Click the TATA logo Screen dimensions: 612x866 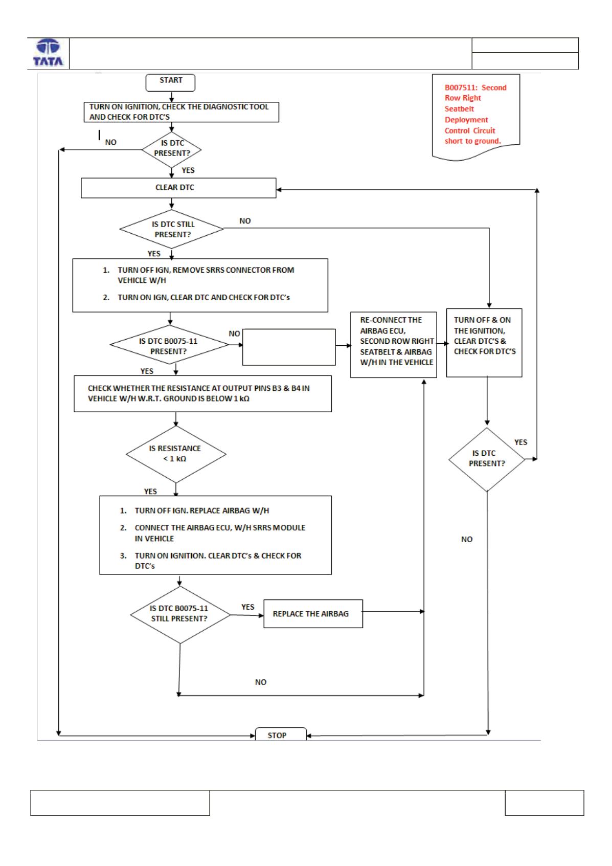(x=48, y=53)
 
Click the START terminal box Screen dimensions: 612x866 (x=170, y=83)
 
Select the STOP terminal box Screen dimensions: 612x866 (x=281, y=735)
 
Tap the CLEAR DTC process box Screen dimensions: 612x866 (x=178, y=188)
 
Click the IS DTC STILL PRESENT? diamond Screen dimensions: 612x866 (x=172, y=229)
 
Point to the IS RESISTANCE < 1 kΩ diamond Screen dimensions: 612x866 (x=176, y=454)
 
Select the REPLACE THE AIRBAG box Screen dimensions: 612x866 (x=313, y=614)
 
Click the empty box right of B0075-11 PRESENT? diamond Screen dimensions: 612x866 (x=289, y=347)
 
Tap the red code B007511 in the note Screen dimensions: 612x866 (x=461, y=88)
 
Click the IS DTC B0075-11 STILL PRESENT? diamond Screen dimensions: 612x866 (x=180, y=615)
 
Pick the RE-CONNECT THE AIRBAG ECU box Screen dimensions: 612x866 (x=393, y=344)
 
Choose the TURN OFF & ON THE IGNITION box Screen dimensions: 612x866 (x=484, y=343)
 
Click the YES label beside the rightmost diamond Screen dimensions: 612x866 (x=520, y=442)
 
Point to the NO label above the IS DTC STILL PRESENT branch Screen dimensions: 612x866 (x=245, y=221)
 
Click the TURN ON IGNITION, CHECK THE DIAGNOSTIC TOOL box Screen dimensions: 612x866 (x=181, y=112)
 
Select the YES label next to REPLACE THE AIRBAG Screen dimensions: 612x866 (x=247, y=607)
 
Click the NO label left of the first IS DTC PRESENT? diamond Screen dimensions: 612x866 (x=110, y=142)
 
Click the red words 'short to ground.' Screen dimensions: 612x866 (x=472, y=141)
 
